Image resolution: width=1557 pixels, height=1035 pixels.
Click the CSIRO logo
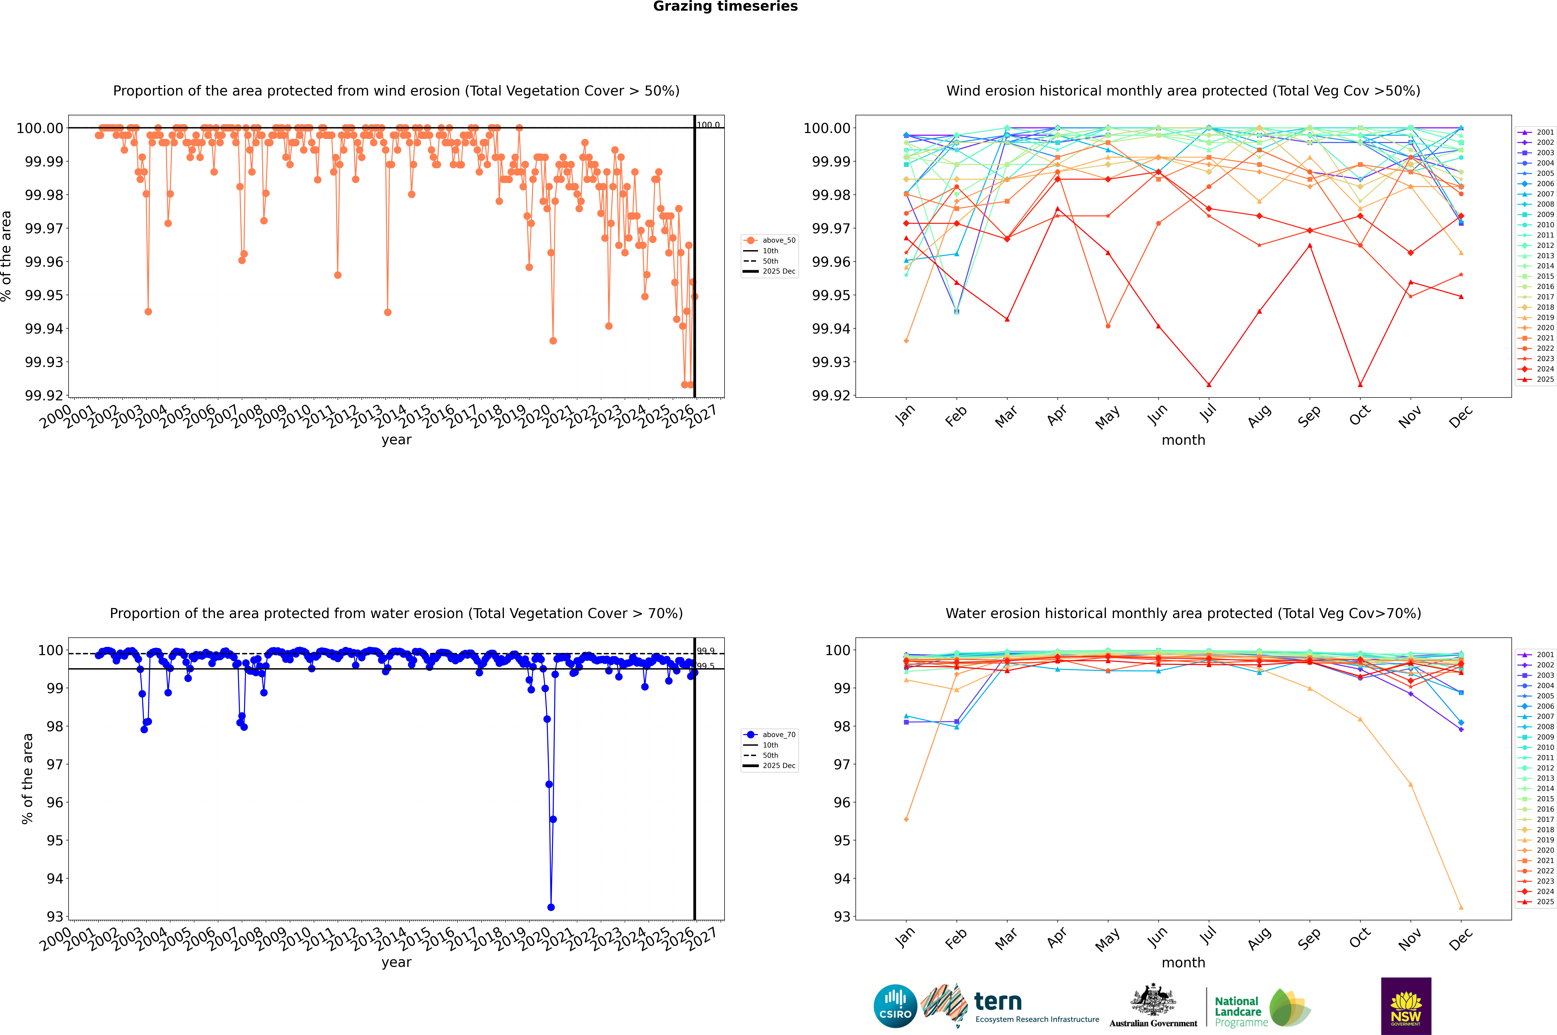click(x=895, y=1006)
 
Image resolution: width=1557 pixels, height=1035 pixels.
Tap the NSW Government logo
click(x=1406, y=1006)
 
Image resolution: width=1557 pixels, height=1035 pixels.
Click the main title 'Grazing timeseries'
click(x=725, y=7)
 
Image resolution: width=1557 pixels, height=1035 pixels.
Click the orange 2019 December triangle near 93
click(x=1461, y=907)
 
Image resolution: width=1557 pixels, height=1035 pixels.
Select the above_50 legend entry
click(x=770, y=240)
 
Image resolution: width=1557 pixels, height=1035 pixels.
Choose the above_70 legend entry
click(x=770, y=735)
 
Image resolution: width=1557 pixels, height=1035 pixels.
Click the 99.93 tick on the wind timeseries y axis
click(x=44, y=362)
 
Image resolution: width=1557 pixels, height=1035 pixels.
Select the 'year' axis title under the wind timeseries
click(x=396, y=440)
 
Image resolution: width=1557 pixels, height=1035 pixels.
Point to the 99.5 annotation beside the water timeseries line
click(x=706, y=666)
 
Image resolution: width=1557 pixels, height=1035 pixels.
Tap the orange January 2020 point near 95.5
click(x=906, y=819)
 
